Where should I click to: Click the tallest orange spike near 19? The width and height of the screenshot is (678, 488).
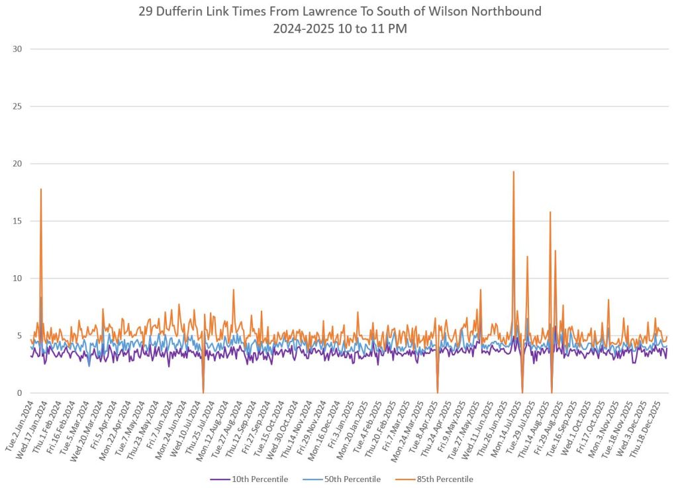point(513,172)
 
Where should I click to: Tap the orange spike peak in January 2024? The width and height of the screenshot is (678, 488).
point(41,189)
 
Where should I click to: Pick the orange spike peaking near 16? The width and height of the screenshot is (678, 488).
point(550,212)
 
